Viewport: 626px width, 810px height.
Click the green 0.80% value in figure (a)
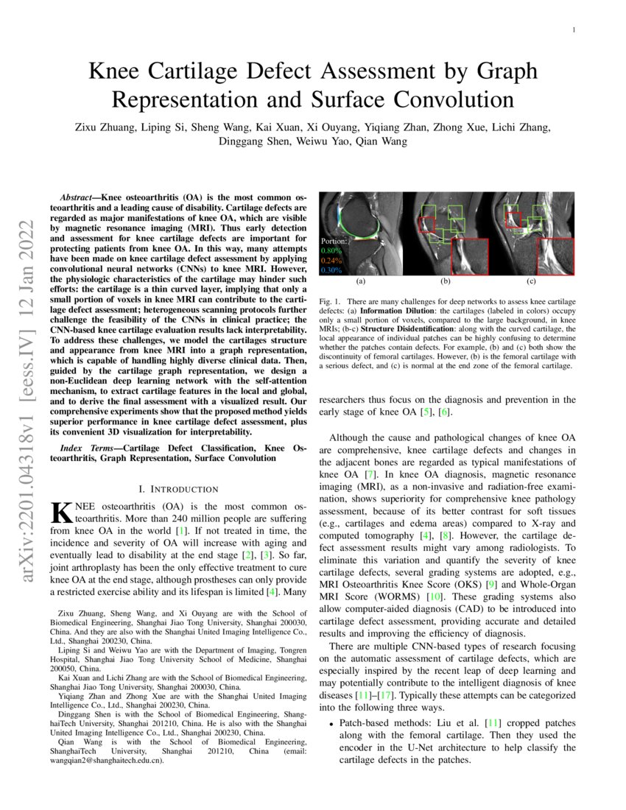331,250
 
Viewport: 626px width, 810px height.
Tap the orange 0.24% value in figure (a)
331,261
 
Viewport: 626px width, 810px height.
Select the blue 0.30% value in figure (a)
331,270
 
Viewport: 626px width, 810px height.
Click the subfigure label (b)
446,281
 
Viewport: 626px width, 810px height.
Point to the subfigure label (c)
531,281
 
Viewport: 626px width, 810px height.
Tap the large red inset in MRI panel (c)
555,256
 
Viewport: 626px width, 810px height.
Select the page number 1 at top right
573,30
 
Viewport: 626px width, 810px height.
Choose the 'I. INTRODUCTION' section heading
178,489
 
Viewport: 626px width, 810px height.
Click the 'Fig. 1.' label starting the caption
330,302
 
